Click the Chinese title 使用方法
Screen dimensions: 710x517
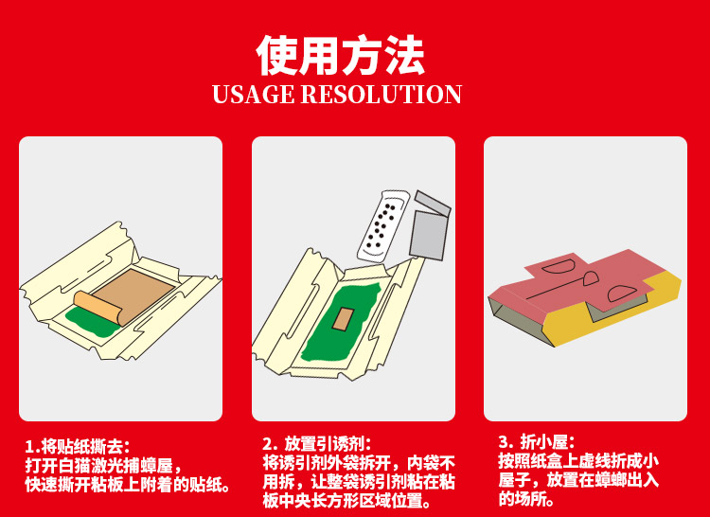point(341,55)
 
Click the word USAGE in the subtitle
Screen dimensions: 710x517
point(253,94)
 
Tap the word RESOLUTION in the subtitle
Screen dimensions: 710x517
point(382,94)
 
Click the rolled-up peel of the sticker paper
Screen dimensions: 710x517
point(98,307)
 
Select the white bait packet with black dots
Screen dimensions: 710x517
point(383,226)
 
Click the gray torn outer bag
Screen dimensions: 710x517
point(430,225)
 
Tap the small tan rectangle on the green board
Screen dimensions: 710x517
point(344,319)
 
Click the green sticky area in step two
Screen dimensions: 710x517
point(341,322)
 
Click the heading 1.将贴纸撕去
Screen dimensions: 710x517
point(78,447)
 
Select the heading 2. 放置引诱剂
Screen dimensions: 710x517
point(316,443)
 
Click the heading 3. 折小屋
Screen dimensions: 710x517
point(537,441)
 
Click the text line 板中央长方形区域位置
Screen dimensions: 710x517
point(346,501)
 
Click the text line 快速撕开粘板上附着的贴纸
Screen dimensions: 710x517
point(128,485)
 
